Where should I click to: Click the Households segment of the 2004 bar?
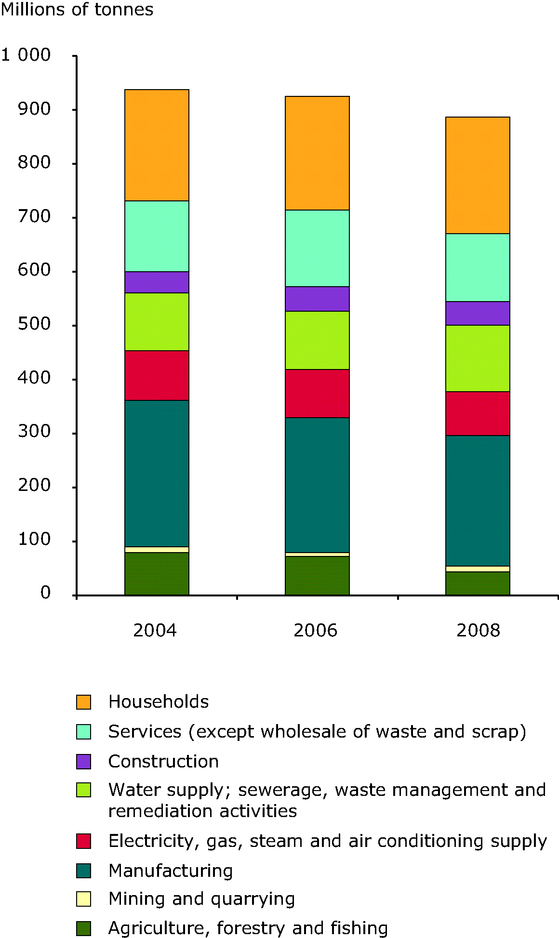click(x=157, y=145)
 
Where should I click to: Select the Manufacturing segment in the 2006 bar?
click(x=317, y=485)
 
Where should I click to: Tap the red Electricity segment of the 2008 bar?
click(x=478, y=413)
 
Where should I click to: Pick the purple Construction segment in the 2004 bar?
click(x=157, y=282)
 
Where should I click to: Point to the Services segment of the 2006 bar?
click(x=317, y=248)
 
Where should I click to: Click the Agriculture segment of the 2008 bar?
click(x=478, y=583)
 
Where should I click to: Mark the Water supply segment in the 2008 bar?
click(x=478, y=358)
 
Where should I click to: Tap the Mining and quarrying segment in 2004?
click(x=157, y=550)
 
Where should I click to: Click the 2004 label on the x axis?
click(x=155, y=630)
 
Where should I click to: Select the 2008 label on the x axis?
click(x=478, y=630)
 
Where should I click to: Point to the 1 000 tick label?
click(x=26, y=55)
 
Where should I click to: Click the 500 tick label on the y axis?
click(x=34, y=324)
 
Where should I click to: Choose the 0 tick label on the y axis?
click(x=45, y=593)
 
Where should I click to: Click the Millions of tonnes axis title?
click(x=77, y=10)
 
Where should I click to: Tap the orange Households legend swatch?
click(x=83, y=702)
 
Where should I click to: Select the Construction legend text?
click(x=163, y=761)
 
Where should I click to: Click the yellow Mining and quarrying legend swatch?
click(x=83, y=899)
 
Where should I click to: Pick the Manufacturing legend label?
click(x=171, y=871)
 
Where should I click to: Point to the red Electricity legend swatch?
click(x=83, y=841)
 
